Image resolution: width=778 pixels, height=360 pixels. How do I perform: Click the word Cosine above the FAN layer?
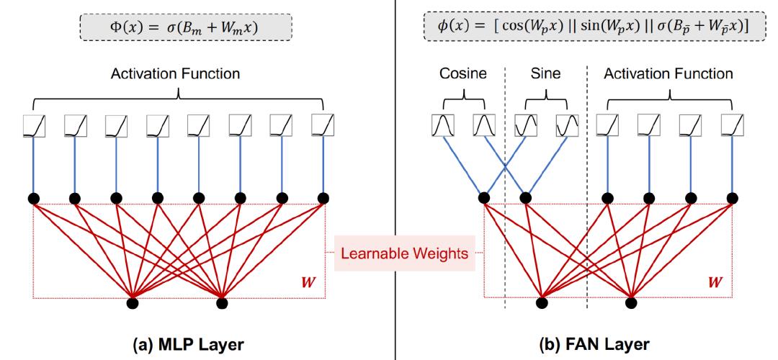point(463,73)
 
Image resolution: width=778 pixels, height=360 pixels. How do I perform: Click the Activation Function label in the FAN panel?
point(668,73)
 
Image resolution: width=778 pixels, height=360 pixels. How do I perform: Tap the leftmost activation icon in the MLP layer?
point(33,127)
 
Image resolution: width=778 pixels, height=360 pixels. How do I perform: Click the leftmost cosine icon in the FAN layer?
point(442,127)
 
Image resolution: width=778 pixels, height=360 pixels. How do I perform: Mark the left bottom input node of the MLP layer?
point(133,302)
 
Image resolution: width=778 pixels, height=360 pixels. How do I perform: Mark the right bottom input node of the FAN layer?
point(631,302)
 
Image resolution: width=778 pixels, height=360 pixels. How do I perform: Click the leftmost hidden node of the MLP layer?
point(33,198)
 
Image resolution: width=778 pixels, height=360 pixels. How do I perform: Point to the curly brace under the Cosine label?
point(463,94)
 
